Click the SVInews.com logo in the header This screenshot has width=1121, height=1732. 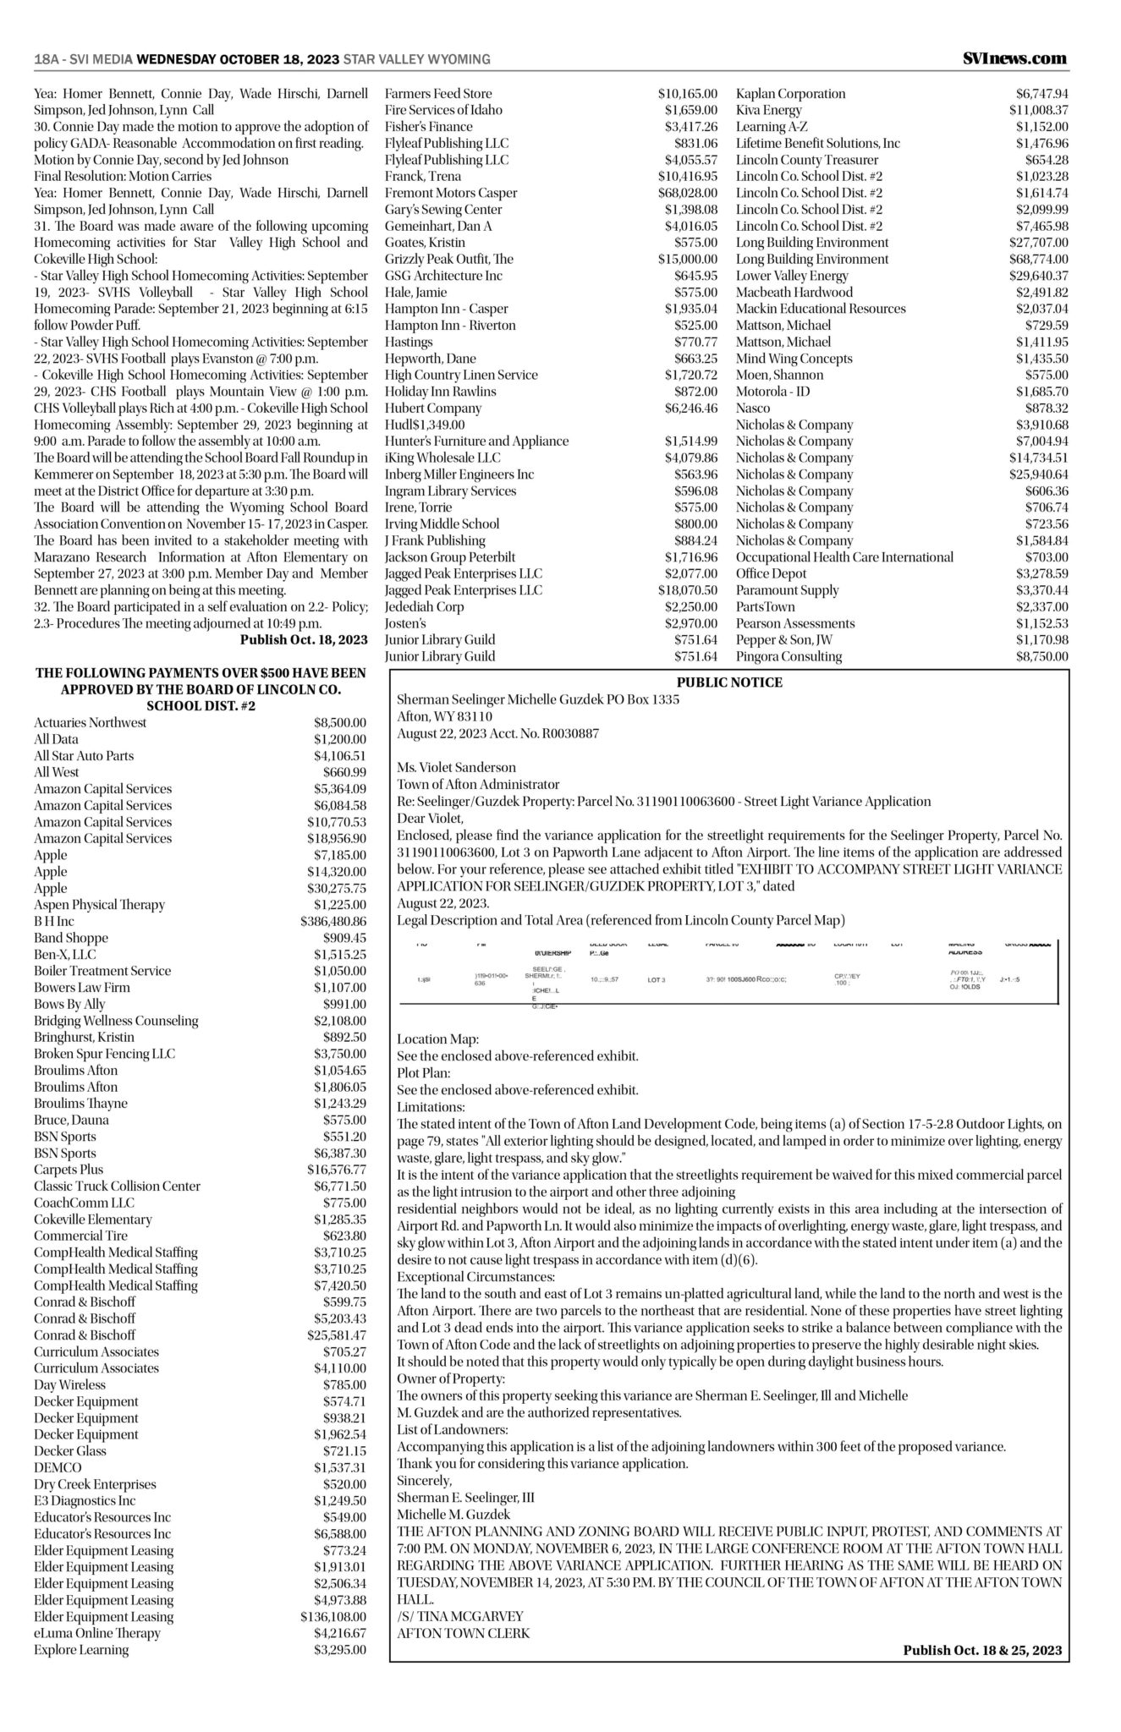tap(1014, 58)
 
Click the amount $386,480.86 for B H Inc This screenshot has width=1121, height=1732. tap(333, 921)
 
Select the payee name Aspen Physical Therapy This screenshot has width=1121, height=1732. tap(100, 905)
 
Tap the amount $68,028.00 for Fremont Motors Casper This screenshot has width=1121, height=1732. tap(687, 193)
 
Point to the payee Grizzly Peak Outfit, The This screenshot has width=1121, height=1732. tap(449, 259)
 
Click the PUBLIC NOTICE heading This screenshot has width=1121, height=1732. tap(729, 682)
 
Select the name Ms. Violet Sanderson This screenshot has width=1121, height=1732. tap(456, 767)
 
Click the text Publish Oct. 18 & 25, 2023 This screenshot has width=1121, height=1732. tap(981, 1649)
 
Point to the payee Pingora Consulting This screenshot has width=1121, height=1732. tap(789, 656)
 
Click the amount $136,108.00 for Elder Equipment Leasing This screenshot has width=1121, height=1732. tap(334, 1616)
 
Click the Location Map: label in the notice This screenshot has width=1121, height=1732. tap(437, 1039)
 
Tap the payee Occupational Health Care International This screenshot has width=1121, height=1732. tap(844, 557)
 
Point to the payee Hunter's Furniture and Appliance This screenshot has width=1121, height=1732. tap(477, 441)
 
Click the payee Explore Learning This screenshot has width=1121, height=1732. tap(81, 1649)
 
